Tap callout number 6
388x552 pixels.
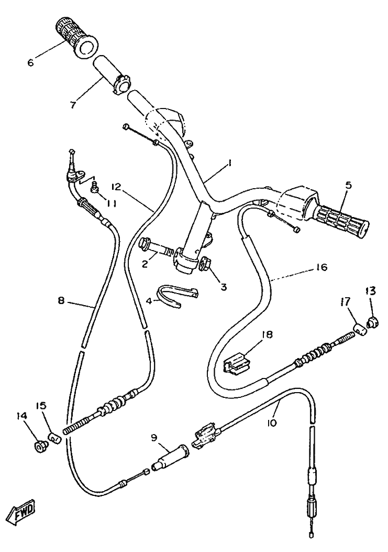point(30,63)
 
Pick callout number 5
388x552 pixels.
point(349,185)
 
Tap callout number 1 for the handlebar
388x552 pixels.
point(229,164)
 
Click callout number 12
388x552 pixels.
point(116,186)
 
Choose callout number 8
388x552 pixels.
point(61,301)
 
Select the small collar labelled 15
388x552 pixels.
point(53,437)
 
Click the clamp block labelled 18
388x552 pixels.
point(237,363)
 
